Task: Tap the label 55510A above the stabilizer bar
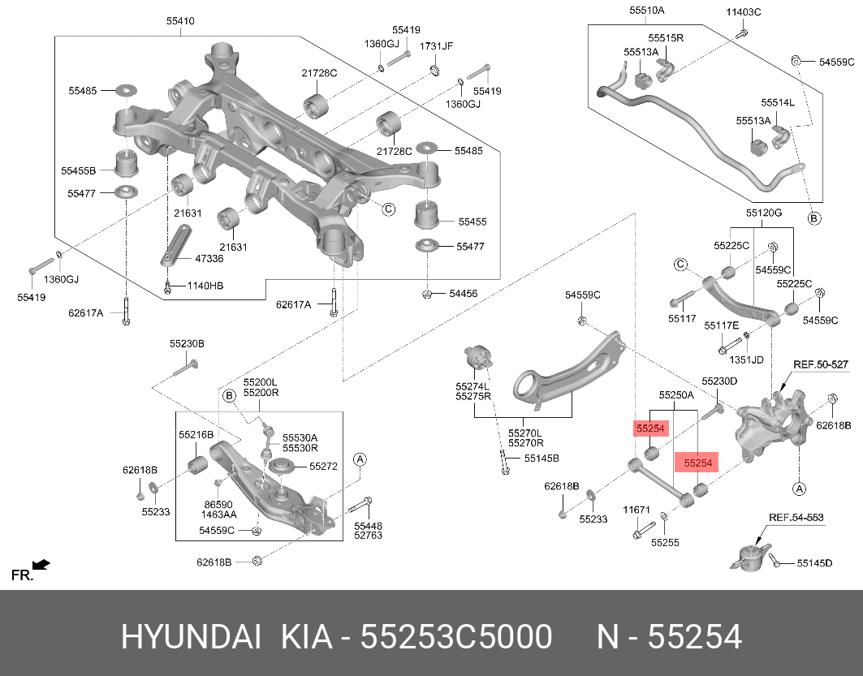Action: coord(646,11)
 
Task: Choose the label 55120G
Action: coord(764,213)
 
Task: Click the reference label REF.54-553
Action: coord(796,517)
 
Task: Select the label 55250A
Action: coord(676,395)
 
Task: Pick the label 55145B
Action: coord(542,459)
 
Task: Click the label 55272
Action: coord(322,466)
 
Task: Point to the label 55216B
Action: coord(196,435)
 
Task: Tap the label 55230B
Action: coord(187,344)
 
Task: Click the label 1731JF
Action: coord(436,45)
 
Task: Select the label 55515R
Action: coord(666,38)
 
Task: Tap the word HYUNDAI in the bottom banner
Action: coord(191,637)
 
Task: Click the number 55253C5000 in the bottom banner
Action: coord(456,637)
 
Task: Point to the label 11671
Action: coord(636,510)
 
